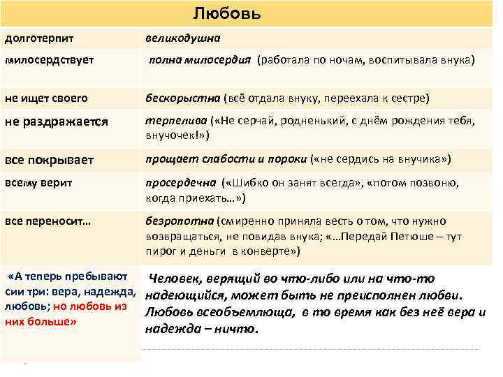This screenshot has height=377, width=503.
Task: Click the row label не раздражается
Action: [x=57, y=121]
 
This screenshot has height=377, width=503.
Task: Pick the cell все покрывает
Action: [x=50, y=160]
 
